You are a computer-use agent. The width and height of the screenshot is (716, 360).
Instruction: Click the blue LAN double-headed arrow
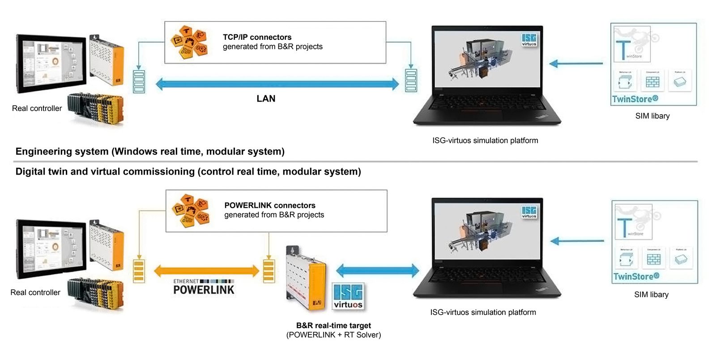coord(277,84)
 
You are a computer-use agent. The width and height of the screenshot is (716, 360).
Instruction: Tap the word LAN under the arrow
coord(266,99)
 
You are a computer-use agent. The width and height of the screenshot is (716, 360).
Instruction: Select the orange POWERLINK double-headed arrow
coord(206,270)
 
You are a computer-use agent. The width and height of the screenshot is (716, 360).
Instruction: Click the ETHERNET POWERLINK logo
coord(204,287)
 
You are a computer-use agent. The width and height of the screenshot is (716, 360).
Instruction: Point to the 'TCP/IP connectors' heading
coord(257,37)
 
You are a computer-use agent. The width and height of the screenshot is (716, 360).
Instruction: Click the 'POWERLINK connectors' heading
coord(269,206)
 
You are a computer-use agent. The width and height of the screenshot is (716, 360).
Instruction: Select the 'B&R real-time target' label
coord(333,326)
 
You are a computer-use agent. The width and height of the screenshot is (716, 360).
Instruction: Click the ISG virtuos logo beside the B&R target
coord(348,296)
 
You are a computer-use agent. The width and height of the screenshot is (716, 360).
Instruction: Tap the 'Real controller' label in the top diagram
coord(37,108)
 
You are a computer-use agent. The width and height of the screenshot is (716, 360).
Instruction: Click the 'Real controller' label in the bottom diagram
coord(35,292)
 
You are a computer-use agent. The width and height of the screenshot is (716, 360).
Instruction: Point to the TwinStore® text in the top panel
coord(635,99)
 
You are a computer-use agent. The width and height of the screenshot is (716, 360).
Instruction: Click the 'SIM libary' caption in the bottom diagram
coord(651,295)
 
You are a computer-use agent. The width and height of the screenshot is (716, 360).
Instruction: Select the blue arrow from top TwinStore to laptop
coord(576,64)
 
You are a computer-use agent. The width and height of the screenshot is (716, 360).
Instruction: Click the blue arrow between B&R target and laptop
coord(377,270)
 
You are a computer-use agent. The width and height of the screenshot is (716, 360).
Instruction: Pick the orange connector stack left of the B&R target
coord(268,270)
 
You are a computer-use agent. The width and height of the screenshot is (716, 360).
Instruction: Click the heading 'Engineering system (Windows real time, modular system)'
coord(150,151)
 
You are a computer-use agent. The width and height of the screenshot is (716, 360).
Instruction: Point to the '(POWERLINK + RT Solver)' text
coord(333,335)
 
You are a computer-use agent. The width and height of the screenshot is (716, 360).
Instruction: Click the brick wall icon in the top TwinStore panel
coord(652,82)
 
